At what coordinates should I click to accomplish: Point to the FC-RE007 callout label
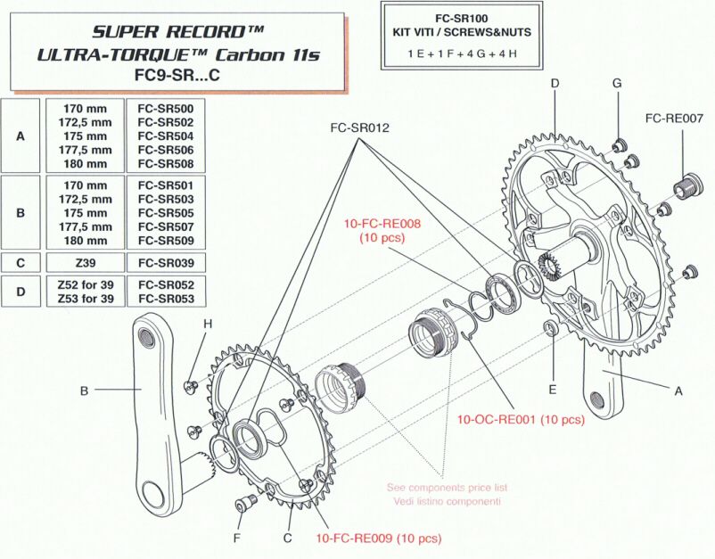[x=674, y=118]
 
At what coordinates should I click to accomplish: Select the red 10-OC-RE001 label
[x=521, y=419]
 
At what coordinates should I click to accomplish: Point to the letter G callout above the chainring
[x=616, y=83]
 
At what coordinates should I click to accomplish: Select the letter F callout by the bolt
[x=236, y=538]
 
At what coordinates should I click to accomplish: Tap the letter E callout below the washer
[x=553, y=390]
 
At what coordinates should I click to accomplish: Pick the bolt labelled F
[x=244, y=506]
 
